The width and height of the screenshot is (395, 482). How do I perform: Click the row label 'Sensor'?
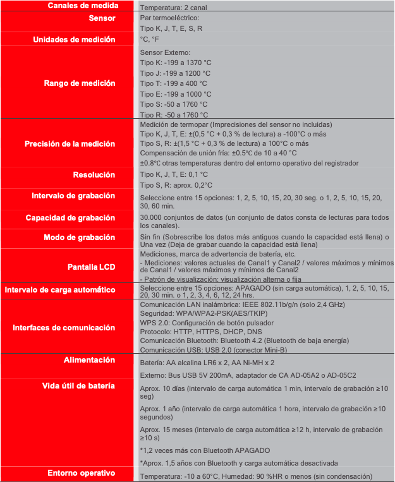coord(102,18)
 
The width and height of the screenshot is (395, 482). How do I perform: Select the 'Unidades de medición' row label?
coord(74,39)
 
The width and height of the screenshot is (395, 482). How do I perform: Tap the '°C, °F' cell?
coord(150,40)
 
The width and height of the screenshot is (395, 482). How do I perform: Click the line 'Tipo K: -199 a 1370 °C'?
coord(175,63)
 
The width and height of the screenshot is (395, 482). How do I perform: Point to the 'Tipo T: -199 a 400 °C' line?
coord(173,83)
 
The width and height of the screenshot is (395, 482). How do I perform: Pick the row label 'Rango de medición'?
coord(80,83)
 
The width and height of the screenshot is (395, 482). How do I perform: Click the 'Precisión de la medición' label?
coord(70,144)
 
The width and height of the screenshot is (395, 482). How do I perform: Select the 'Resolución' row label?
coord(94,174)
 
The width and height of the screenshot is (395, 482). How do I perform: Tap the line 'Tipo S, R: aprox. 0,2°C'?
coord(176,185)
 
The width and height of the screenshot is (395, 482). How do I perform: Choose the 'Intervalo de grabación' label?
coord(73,196)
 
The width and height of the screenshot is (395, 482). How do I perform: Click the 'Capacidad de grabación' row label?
coord(70,218)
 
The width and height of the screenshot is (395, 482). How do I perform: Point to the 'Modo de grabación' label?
coord(79,238)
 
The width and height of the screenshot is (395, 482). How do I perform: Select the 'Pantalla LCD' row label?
coord(91,266)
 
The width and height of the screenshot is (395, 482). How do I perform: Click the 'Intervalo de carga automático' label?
coord(60,290)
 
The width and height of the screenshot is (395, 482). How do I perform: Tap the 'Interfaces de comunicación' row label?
coord(64,327)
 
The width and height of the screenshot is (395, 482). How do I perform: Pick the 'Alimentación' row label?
coord(89,360)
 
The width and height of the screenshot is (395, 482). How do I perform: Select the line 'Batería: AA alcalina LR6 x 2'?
coord(207,363)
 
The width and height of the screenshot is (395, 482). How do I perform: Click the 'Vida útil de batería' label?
coord(78,385)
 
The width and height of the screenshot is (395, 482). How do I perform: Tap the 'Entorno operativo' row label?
coord(82,473)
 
